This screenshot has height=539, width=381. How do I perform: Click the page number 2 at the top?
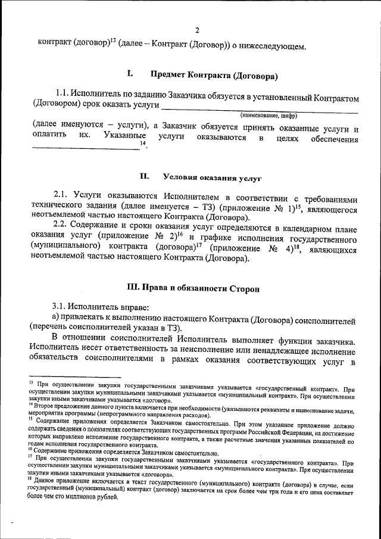click(x=197, y=31)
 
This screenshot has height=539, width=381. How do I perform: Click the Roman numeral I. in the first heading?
click(x=130, y=75)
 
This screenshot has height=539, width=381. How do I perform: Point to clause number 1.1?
click(x=62, y=94)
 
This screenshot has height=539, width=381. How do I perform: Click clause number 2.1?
click(x=62, y=196)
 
